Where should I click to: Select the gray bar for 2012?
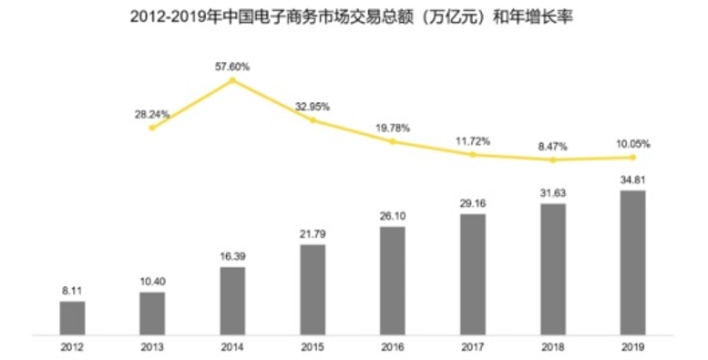[x=72, y=317]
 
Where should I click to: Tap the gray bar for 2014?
[x=232, y=300]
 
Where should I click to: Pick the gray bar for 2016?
[x=393, y=280]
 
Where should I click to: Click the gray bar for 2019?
[x=632, y=262]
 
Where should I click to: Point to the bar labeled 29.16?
[x=473, y=273]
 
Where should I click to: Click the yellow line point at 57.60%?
[x=232, y=80]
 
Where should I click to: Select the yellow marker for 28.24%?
[x=152, y=128]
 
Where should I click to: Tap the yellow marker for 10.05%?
[x=632, y=158]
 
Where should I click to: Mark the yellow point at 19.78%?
[x=393, y=141]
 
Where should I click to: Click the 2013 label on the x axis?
[x=152, y=347]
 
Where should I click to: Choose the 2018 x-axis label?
[x=553, y=347]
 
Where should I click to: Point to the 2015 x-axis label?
[x=313, y=347]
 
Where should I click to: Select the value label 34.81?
[x=632, y=180]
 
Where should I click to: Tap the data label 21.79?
[x=313, y=235]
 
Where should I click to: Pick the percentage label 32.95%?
[x=313, y=107]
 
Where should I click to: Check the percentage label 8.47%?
[x=553, y=144]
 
